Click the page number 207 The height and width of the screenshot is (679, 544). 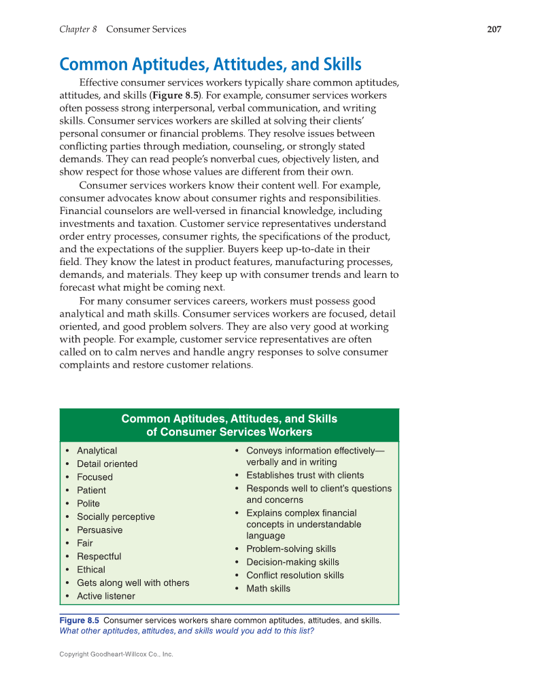click(494, 29)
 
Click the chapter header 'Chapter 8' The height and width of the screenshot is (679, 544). click(78, 29)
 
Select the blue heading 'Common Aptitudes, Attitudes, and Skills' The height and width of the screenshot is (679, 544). click(210, 65)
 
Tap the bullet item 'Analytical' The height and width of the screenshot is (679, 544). click(97, 451)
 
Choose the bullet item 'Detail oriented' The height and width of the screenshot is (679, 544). click(107, 464)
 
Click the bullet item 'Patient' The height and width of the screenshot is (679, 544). click(91, 490)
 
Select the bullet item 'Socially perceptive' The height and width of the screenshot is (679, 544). click(116, 517)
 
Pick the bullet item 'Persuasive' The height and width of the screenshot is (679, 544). click(99, 529)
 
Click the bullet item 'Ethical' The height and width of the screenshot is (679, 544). click(91, 570)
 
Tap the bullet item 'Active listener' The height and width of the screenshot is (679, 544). click(105, 596)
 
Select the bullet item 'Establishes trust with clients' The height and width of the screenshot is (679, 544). click(305, 475)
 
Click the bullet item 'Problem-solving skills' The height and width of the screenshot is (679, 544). click(290, 549)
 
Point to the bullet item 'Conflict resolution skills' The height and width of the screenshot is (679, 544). click(294, 575)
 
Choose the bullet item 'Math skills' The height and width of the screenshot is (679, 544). click(268, 589)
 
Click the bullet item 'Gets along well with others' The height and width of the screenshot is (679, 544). click(133, 582)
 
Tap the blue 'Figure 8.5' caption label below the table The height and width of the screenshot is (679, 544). click(80, 620)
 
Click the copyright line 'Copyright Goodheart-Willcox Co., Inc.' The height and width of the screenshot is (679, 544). click(116, 654)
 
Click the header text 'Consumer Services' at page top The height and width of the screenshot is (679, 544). click(146, 29)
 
